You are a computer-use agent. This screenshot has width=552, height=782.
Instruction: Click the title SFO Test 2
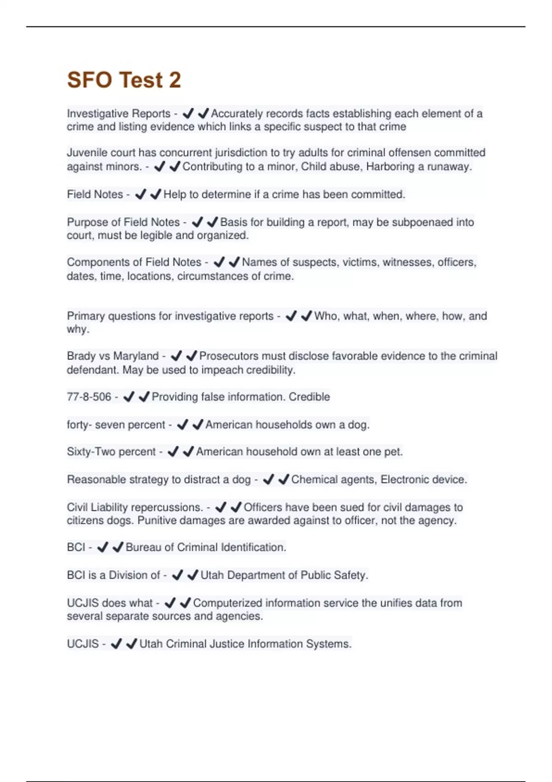pos(124,80)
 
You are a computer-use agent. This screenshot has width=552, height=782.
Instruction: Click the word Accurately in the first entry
pos(236,114)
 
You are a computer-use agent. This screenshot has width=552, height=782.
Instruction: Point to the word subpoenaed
pos(422,222)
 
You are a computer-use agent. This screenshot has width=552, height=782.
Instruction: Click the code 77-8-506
pos(89,397)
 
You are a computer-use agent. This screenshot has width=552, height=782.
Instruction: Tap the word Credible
pos(309,397)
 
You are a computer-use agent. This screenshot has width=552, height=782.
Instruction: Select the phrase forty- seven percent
pos(116,425)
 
